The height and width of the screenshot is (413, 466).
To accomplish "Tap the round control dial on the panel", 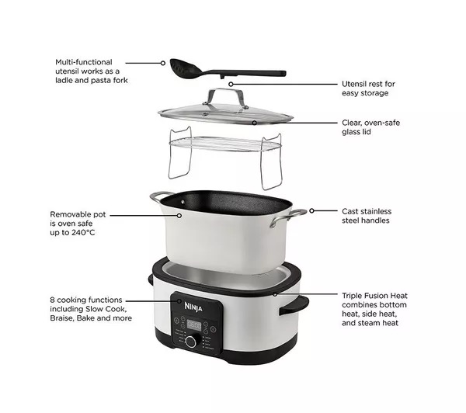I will pos(190,342).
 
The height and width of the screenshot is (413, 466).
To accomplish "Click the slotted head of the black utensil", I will pos(182,67).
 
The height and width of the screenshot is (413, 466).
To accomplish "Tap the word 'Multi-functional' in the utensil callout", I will pos(84,61).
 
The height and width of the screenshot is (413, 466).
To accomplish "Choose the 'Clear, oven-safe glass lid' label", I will pos(372,127).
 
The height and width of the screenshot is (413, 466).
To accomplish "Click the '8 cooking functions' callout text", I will pos(86,299).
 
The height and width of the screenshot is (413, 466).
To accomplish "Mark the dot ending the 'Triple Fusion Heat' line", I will pos(275,294).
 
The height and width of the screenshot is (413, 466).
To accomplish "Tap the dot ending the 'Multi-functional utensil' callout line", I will pos(163,62).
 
